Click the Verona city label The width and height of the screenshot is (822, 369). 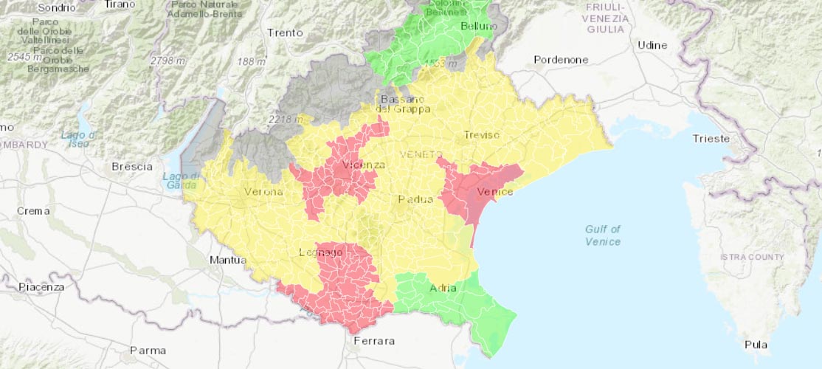click(x=263, y=192)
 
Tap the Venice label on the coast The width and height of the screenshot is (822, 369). click(x=494, y=192)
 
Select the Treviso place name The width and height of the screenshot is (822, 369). click(x=482, y=134)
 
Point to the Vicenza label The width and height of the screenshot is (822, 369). click(x=360, y=165)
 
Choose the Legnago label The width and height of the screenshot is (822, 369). click(x=320, y=252)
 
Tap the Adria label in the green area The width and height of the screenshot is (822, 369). click(x=443, y=288)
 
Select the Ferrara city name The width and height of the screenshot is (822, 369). click(x=374, y=341)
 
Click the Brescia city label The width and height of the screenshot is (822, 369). click(x=131, y=166)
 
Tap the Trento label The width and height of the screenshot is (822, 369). click(x=285, y=32)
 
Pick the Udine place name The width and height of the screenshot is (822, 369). click(x=652, y=45)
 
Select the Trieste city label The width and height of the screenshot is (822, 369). click(x=711, y=139)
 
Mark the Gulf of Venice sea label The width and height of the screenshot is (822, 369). click(x=603, y=235)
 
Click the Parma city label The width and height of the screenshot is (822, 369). click(x=148, y=350)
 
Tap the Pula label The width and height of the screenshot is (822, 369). click(x=756, y=345)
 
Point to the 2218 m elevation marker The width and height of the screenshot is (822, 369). click(x=286, y=119)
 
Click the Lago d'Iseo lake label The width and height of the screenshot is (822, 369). click(x=79, y=139)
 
